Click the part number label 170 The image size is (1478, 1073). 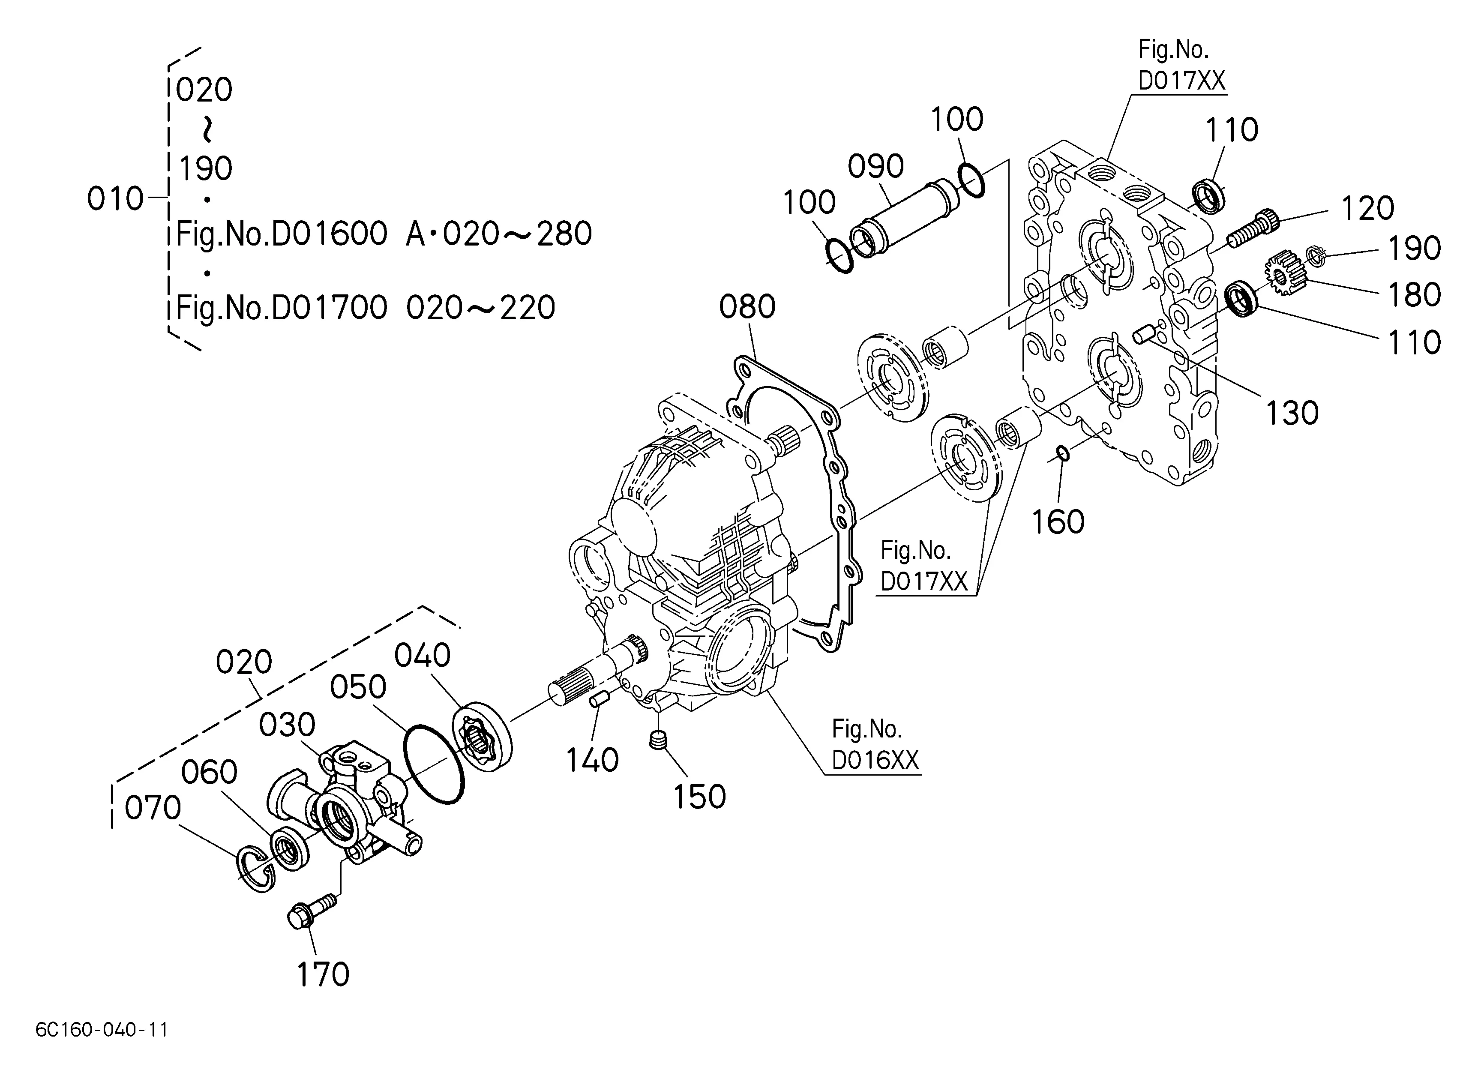(323, 975)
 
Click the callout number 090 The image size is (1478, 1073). (875, 166)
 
